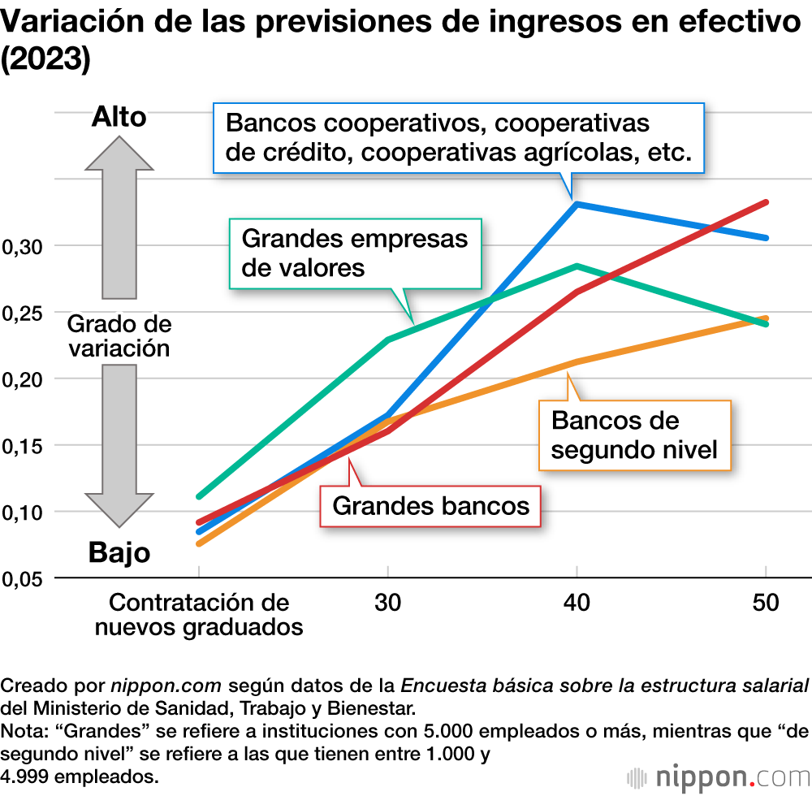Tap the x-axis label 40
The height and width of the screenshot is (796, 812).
[577, 603]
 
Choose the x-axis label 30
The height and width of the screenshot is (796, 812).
[388, 603]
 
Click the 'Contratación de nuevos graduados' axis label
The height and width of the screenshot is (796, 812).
[199, 615]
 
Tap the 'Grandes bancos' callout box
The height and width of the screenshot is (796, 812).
[431, 506]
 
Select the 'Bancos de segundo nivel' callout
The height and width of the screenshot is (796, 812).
[634, 435]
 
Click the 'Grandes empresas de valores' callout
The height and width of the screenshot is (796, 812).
[355, 253]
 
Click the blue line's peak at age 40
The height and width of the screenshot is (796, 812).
[577, 204]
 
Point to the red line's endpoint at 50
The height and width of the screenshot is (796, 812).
[765, 202]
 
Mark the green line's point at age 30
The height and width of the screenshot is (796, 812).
[388, 340]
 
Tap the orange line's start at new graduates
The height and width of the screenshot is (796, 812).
[199, 543]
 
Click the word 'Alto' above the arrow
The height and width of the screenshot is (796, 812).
[119, 117]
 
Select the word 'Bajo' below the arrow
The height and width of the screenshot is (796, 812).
[119, 553]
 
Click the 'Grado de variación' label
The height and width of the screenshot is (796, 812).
[119, 336]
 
